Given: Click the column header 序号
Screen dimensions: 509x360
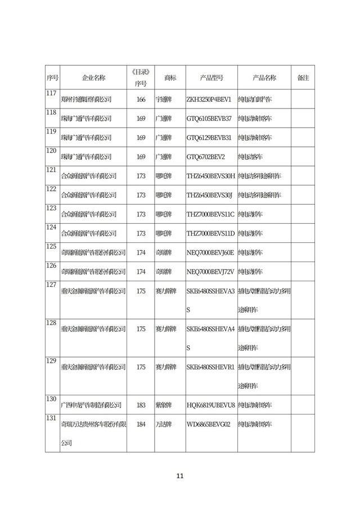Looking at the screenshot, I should [x=52, y=78].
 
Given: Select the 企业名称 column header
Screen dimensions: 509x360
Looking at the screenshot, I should [x=93, y=78].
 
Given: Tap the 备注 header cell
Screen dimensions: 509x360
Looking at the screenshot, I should [x=303, y=78].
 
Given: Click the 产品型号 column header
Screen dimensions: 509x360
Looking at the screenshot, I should [x=211, y=78].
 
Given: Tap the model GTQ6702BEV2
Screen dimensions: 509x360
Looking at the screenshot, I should [x=205, y=157].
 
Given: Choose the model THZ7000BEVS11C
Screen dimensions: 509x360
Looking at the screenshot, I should [x=210, y=214].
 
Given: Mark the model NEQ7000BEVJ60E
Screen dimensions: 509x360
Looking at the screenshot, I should [x=210, y=253].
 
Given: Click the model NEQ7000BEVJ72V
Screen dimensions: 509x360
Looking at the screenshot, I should [x=210, y=272].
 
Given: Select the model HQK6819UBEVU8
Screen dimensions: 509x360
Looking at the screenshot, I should [x=210, y=405].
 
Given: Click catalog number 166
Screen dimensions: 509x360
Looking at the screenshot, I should [x=141, y=100].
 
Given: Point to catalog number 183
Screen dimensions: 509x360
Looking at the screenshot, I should [x=141, y=405].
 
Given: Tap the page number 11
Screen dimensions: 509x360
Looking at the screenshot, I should [x=180, y=476].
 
